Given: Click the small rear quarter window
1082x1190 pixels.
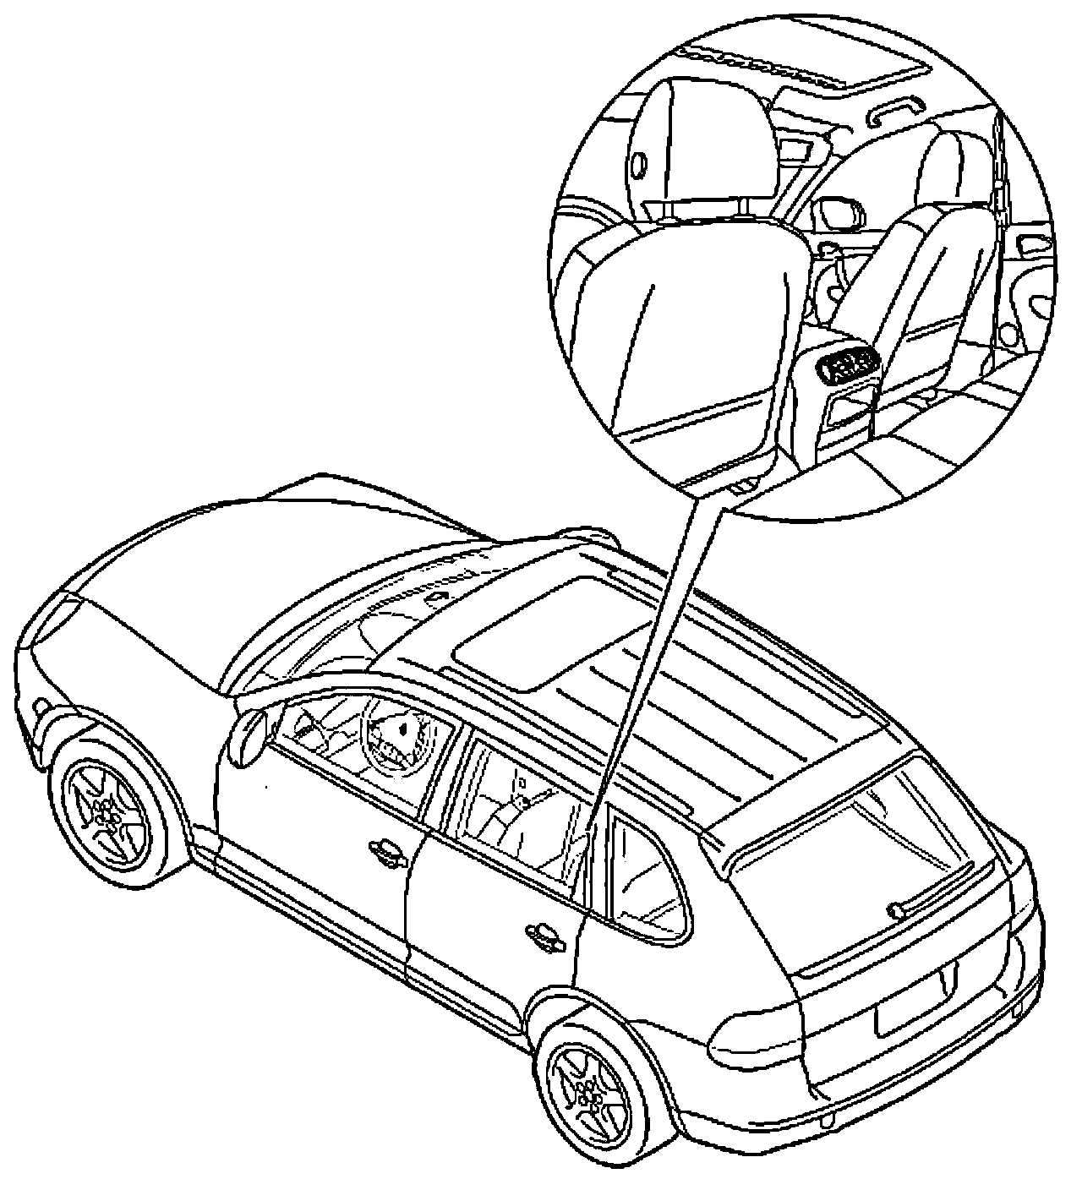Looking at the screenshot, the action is click(647, 871).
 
